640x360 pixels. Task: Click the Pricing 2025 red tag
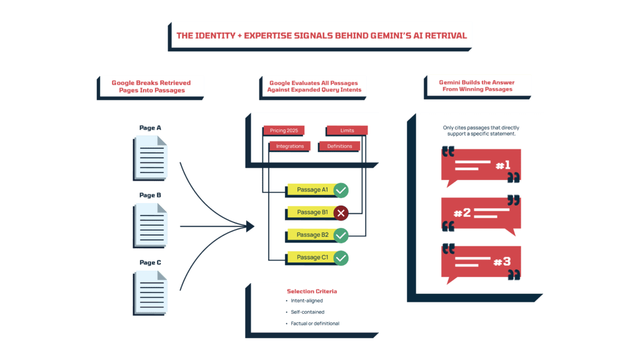(284, 131)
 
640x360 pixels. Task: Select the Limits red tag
(347, 131)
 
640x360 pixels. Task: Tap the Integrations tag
(290, 146)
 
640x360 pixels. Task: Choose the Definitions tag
(339, 146)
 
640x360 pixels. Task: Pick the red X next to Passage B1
(341, 213)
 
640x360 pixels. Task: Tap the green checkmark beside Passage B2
(341, 236)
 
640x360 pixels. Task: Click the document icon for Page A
(151, 157)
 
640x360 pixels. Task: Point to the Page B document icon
(151, 224)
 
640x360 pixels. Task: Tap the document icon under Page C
(151, 292)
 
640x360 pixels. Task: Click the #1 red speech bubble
(481, 166)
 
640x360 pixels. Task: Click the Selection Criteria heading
(312, 291)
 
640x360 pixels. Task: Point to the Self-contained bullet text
(307, 312)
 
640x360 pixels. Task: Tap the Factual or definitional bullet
(315, 323)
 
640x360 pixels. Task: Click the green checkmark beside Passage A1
(341, 190)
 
